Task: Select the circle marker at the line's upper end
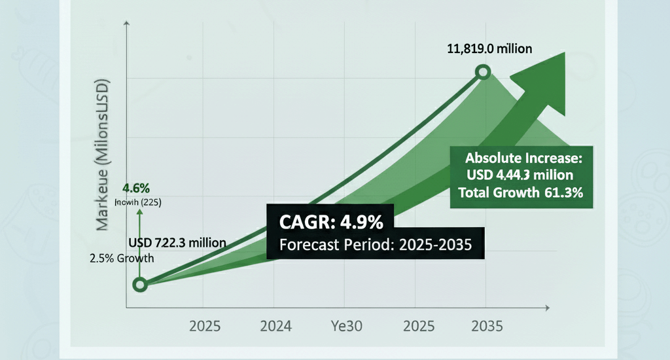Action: pyautogui.click(x=484, y=73)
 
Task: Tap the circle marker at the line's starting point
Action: pyautogui.click(x=139, y=284)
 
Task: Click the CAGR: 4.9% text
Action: pyautogui.click(x=331, y=223)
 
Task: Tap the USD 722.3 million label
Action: pyautogui.click(x=177, y=243)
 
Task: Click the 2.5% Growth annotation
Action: pyautogui.click(x=122, y=258)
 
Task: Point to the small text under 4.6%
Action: pyautogui.click(x=137, y=202)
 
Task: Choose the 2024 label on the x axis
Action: pyautogui.click(x=277, y=325)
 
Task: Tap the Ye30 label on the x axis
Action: pyautogui.click(x=346, y=325)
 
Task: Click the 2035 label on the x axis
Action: pyautogui.click(x=486, y=325)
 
